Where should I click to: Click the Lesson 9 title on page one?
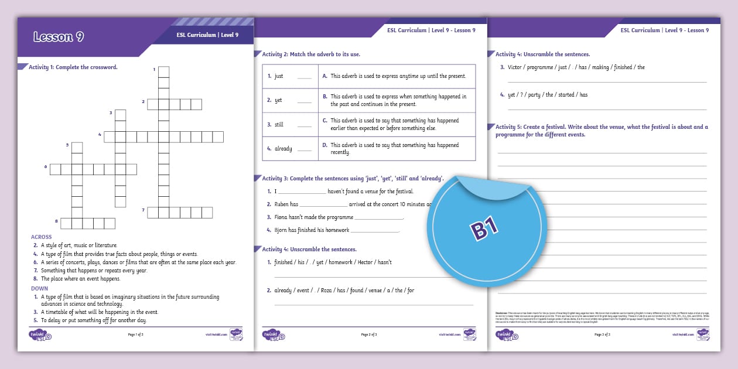(x=59, y=37)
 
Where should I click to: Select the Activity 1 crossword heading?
(x=73, y=67)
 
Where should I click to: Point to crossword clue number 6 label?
(x=45, y=168)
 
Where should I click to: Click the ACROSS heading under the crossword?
(x=42, y=237)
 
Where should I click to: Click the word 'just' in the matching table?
(x=279, y=76)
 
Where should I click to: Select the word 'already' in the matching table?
(x=283, y=149)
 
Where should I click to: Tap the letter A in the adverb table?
(x=324, y=76)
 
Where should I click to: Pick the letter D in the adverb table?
(x=324, y=145)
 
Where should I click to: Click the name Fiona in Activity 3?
(x=282, y=217)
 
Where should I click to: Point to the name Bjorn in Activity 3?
(x=282, y=230)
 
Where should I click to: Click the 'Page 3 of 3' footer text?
(x=602, y=334)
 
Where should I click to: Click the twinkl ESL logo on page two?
(x=274, y=335)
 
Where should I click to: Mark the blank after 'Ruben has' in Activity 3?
(x=323, y=205)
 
